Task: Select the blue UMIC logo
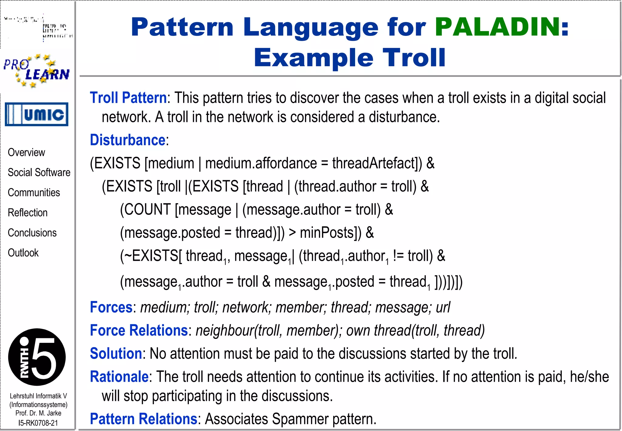coord(36,114)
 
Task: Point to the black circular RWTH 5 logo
coord(37,357)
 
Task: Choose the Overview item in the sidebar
coord(26,152)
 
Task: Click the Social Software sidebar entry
coord(39,172)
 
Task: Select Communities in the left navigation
coord(34,192)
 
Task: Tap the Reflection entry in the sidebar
coord(28,212)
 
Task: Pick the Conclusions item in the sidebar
coord(32,233)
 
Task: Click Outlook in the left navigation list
coord(23,253)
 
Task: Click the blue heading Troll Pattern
coord(128,98)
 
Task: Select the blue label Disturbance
coord(128,140)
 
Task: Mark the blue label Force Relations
coord(139,330)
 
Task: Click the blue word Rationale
coord(119,377)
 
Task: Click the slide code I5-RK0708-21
coord(38,423)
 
